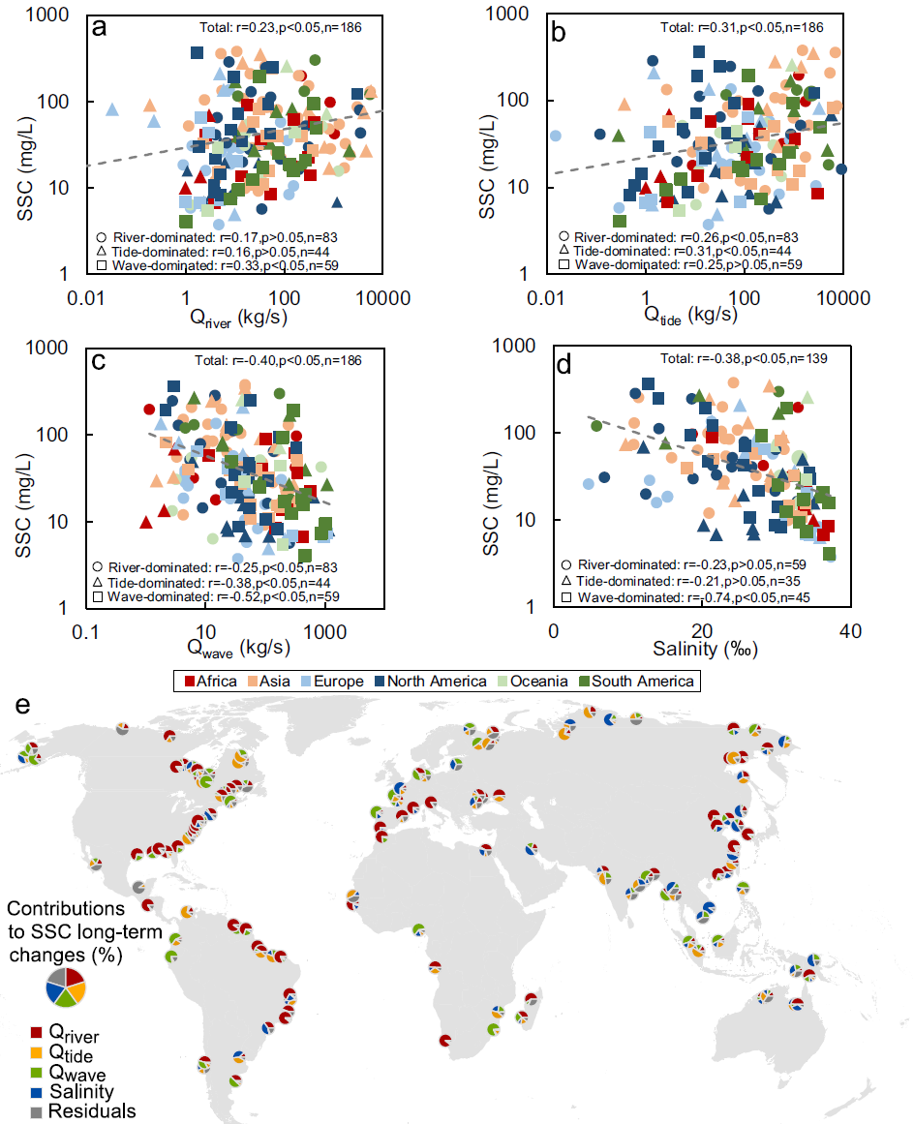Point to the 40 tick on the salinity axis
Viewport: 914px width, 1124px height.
(848, 630)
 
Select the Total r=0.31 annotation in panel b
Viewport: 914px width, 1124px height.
(751, 27)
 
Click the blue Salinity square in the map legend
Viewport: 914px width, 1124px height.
(36, 1092)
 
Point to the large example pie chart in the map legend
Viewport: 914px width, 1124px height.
(67, 987)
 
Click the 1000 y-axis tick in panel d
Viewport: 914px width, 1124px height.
(524, 346)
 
